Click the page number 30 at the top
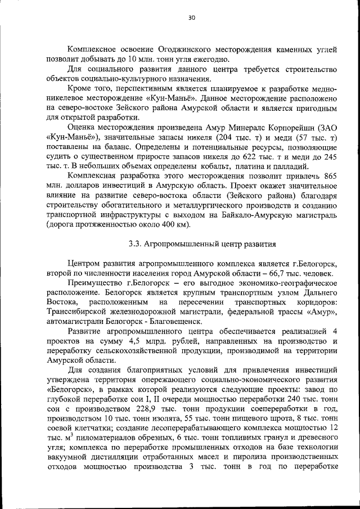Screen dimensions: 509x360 pyautogui.click(x=191, y=18)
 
